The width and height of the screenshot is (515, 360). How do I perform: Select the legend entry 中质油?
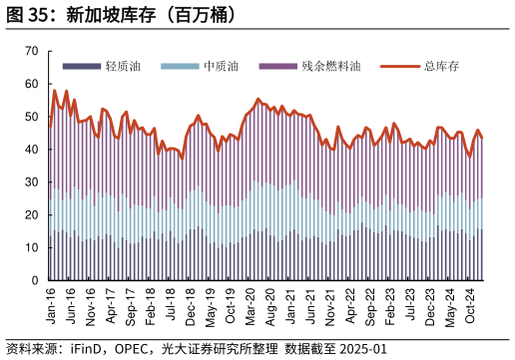tap(221, 67)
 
